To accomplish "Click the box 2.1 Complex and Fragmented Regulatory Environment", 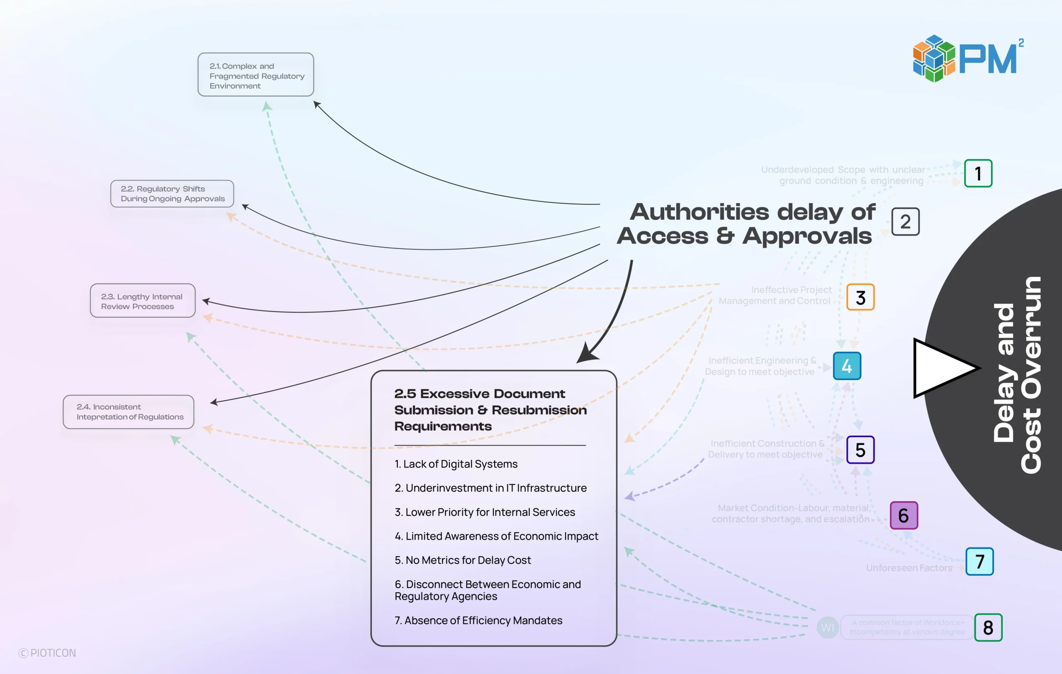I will (256, 75).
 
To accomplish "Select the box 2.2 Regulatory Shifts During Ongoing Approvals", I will (172, 194).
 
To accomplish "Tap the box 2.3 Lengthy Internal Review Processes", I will (142, 301).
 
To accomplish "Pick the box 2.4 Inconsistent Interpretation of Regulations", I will (128, 412).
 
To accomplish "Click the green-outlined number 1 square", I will (978, 174).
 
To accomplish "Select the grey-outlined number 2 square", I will (906, 222).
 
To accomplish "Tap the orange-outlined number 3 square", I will (860, 297).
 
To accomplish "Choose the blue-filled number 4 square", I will (847, 366).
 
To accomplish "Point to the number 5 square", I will (860, 450).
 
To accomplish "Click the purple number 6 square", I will (904, 515).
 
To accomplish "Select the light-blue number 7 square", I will (979, 562).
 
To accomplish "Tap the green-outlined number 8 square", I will (988, 627).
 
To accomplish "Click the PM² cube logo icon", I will (934, 58).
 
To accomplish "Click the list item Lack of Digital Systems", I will (456, 464).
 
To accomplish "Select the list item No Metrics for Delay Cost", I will (463, 560).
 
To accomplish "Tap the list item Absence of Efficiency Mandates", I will (478, 620).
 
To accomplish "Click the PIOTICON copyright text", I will (48, 653).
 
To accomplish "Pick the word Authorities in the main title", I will (699, 212).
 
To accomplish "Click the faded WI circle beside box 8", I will (827, 627).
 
